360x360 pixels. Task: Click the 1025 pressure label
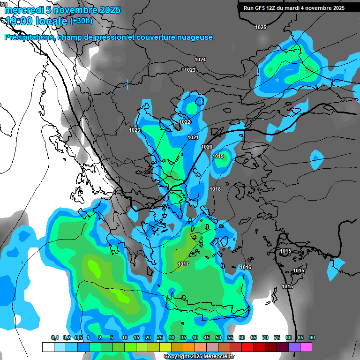point(261,27)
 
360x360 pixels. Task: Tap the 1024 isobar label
point(200,60)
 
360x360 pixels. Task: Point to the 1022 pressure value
point(185,122)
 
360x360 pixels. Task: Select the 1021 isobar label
point(193,137)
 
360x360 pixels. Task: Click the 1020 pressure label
point(207,147)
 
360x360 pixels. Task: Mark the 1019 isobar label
point(218,156)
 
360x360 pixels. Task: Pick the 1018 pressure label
point(215,189)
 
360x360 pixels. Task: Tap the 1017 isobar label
point(183,264)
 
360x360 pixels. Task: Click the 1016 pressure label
point(246,267)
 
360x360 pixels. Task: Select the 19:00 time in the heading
point(21,21)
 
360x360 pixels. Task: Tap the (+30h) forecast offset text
point(81,21)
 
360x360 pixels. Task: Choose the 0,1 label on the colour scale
point(55,337)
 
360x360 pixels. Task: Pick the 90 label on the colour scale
point(312,337)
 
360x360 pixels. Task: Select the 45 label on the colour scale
point(207,337)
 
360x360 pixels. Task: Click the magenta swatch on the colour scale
point(306,347)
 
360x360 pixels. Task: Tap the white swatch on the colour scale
point(48,347)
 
